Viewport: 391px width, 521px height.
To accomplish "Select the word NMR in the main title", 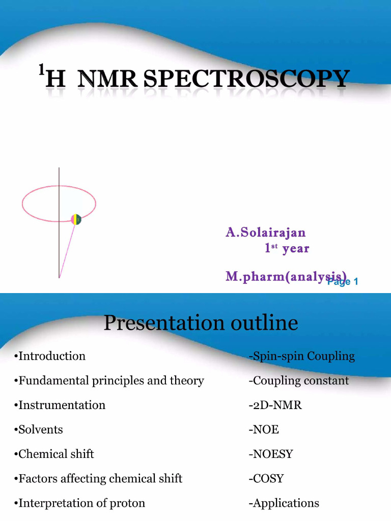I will [107, 79].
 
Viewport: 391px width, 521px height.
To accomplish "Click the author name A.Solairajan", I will [266, 233].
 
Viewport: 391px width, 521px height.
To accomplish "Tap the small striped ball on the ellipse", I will [76, 219].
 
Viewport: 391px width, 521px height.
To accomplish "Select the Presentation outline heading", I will [201, 323].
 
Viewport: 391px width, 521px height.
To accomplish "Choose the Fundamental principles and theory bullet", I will [109, 381].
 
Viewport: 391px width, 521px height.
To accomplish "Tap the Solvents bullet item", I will [39, 429].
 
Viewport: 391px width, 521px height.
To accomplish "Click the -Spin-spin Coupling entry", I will [301, 356].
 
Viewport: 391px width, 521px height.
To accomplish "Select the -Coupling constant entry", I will [298, 381].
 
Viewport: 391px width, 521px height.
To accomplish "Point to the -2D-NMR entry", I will [275, 405].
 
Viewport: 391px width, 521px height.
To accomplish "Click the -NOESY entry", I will [270, 454].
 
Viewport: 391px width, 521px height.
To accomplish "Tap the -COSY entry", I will [266, 478].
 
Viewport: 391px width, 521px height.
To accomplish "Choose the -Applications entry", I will [284, 503].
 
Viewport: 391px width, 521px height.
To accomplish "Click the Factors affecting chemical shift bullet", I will [98, 478].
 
